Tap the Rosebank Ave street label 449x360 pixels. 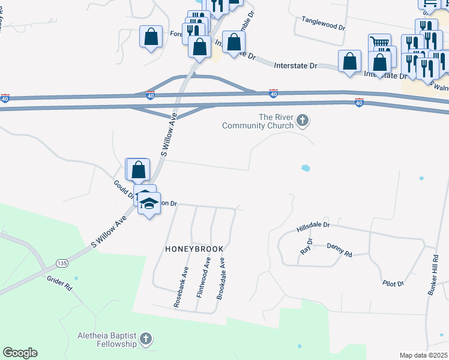pyautogui.click(x=180, y=287)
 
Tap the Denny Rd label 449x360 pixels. pyautogui.click(x=339, y=249)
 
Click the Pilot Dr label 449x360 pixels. pyautogui.click(x=393, y=282)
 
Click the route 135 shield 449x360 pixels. pyautogui.click(x=61, y=263)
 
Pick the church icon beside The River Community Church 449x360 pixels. pyautogui.click(x=303, y=122)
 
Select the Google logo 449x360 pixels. pyautogui.click(x=20, y=353)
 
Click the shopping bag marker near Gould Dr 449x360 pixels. pyautogui.click(x=138, y=169)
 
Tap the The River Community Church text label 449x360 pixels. pyautogui.click(x=258, y=121)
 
